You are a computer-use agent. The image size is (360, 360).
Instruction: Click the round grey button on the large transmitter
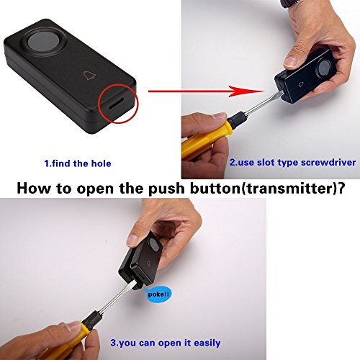43,42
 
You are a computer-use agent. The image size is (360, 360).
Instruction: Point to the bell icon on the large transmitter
89,76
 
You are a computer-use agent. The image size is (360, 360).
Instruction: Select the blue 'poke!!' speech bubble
159,294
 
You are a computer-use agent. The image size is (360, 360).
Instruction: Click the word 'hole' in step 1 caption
101,163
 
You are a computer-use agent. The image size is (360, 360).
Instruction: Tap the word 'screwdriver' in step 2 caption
328,163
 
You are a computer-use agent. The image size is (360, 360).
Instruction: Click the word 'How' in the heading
33,189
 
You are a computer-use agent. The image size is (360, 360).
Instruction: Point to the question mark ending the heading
341,189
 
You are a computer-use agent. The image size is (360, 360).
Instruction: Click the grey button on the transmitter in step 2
324,66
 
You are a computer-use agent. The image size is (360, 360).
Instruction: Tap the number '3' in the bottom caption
113,343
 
